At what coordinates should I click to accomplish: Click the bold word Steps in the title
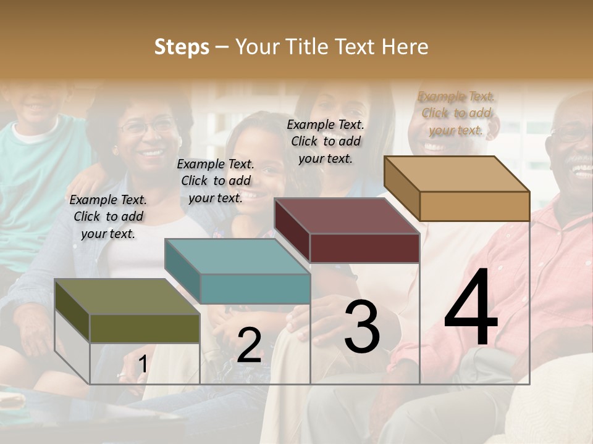tap(182, 47)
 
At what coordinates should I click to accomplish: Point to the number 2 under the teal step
tap(249, 345)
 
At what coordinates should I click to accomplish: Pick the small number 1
tap(143, 364)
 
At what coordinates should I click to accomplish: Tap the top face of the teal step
tap(237, 257)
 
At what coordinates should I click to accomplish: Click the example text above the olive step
tap(108, 216)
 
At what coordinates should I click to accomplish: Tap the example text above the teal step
tap(216, 181)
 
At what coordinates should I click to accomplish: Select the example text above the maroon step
tap(326, 141)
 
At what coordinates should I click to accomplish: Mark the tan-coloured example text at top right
tap(456, 113)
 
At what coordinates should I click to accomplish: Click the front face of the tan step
tap(474, 206)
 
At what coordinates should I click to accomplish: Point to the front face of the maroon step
tap(364, 249)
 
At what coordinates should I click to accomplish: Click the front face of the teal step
tap(254, 289)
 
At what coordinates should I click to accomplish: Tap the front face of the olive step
tap(145, 328)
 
